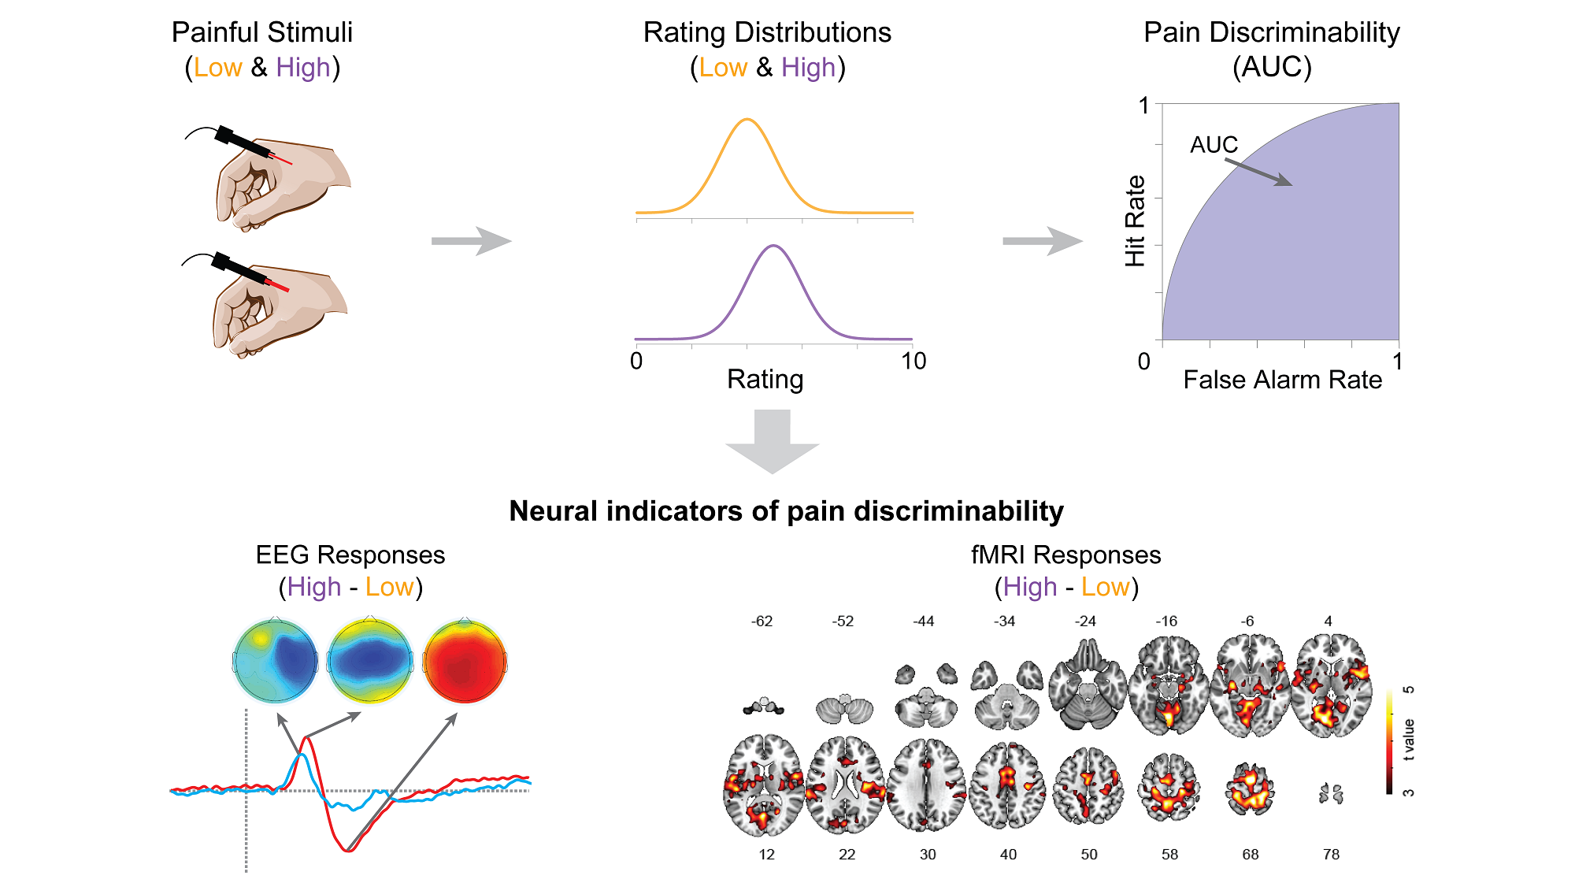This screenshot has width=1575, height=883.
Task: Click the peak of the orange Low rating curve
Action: pyautogui.click(x=747, y=120)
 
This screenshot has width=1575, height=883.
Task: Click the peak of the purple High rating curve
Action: pyautogui.click(x=774, y=247)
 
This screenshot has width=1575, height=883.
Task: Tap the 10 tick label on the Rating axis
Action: pyautogui.click(x=913, y=361)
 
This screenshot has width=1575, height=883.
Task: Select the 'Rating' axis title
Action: pyautogui.click(x=765, y=380)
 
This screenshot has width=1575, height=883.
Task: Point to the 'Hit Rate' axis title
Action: pyautogui.click(x=1135, y=221)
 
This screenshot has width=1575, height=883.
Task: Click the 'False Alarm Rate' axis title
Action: pyautogui.click(x=1282, y=380)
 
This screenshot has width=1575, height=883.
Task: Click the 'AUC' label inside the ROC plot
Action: pyautogui.click(x=1214, y=145)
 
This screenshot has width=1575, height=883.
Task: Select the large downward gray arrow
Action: pyautogui.click(x=773, y=441)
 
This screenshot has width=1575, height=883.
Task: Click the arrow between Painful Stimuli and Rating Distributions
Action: pyautogui.click(x=471, y=241)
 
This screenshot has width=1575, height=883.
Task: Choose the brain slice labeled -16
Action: pyautogui.click(x=1168, y=685)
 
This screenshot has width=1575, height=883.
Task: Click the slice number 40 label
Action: pyautogui.click(x=1008, y=855)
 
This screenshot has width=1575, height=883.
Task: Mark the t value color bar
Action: pyautogui.click(x=1390, y=741)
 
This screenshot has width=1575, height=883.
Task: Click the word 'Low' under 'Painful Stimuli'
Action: pyautogui.click(x=218, y=68)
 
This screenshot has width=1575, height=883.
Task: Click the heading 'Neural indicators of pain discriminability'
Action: pyautogui.click(x=786, y=511)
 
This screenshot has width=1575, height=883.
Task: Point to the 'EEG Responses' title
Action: pyautogui.click(x=350, y=555)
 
